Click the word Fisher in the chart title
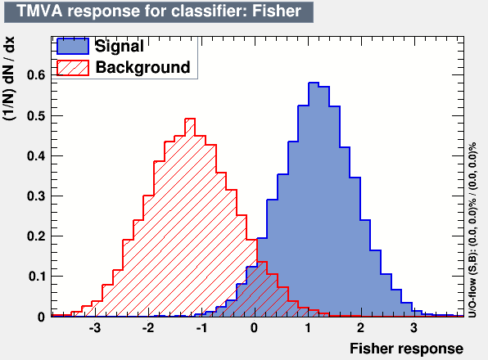[x=277, y=11]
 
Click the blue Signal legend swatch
[x=73, y=47]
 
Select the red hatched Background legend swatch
[x=73, y=68]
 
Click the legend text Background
[x=142, y=67]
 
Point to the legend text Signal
[x=120, y=46]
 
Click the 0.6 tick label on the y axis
[x=36, y=75]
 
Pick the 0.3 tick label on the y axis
[x=36, y=196]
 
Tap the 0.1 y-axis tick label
[x=37, y=277]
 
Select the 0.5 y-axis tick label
[x=36, y=116]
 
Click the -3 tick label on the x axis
[x=95, y=328]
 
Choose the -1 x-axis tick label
[x=201, y=328]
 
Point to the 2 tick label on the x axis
[x=360, y=328]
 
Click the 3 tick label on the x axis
[x=413, y=328]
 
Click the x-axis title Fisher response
[x=406, y=349]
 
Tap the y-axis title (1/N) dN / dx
[x=9, y=79]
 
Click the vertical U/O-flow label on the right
[x=472, y=230]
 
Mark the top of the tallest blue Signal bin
[x=314, y=83]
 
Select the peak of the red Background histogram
[x=190, y=119]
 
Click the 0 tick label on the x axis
[x=255, y=328]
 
